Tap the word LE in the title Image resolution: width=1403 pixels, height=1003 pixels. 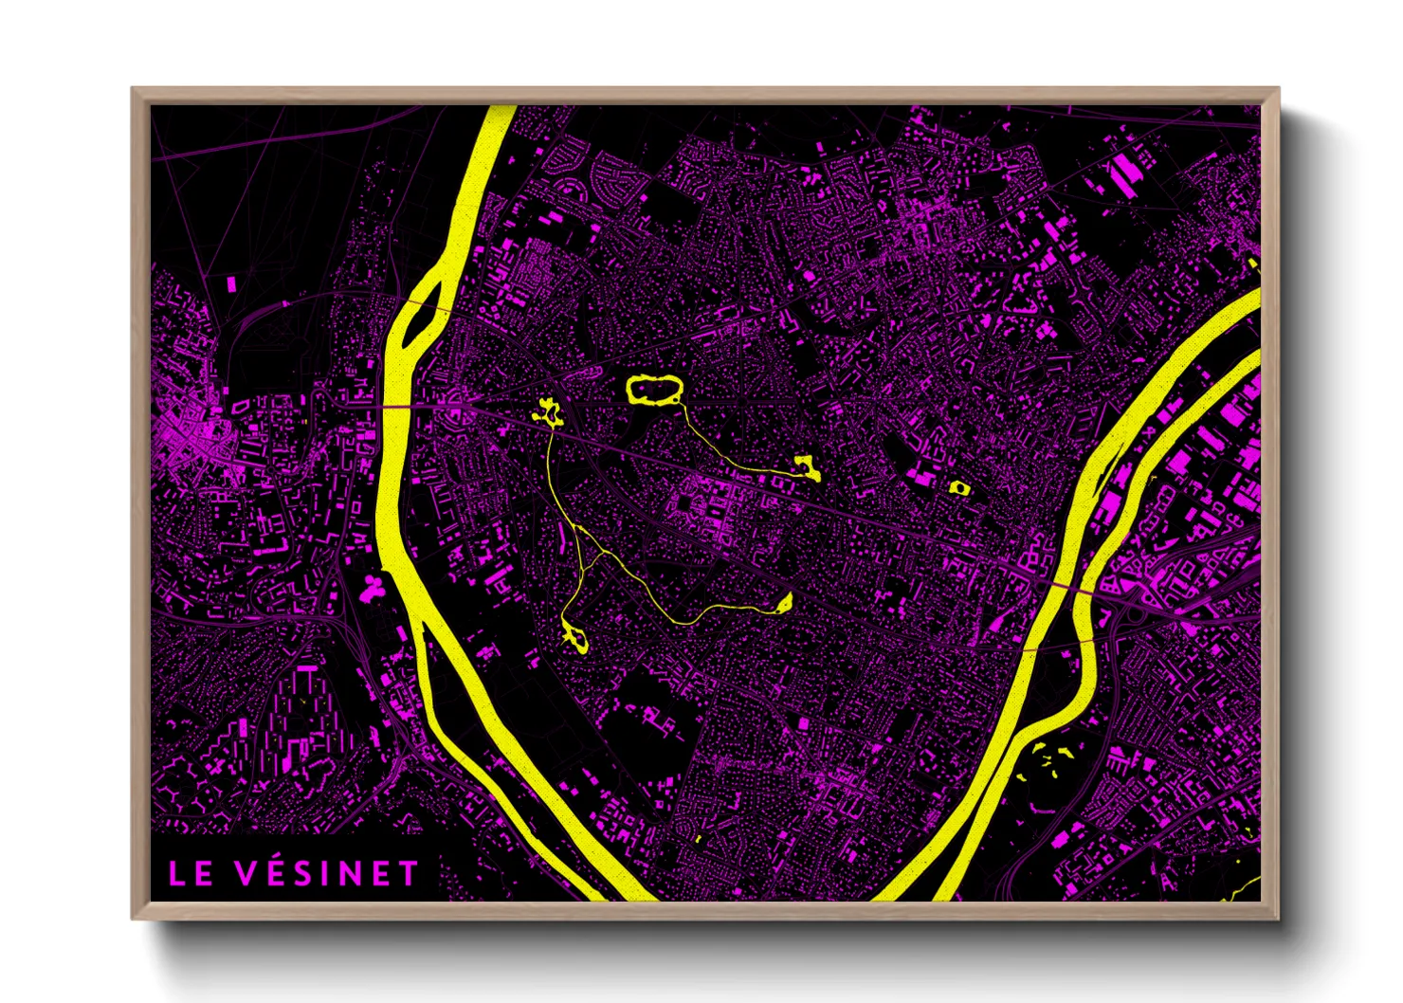tap(191, 874)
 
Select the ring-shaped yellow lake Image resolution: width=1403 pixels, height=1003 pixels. tap(654, 390)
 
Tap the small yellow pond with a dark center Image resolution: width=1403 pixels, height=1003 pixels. tap(959, 487)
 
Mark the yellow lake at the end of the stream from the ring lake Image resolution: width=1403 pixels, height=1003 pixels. tap(809, 467)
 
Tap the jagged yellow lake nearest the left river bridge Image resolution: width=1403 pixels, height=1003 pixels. tap(547, 412)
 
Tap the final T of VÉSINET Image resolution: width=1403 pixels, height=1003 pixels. tap(408, 873)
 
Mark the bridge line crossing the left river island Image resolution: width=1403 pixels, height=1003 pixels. tap(424, 306)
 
